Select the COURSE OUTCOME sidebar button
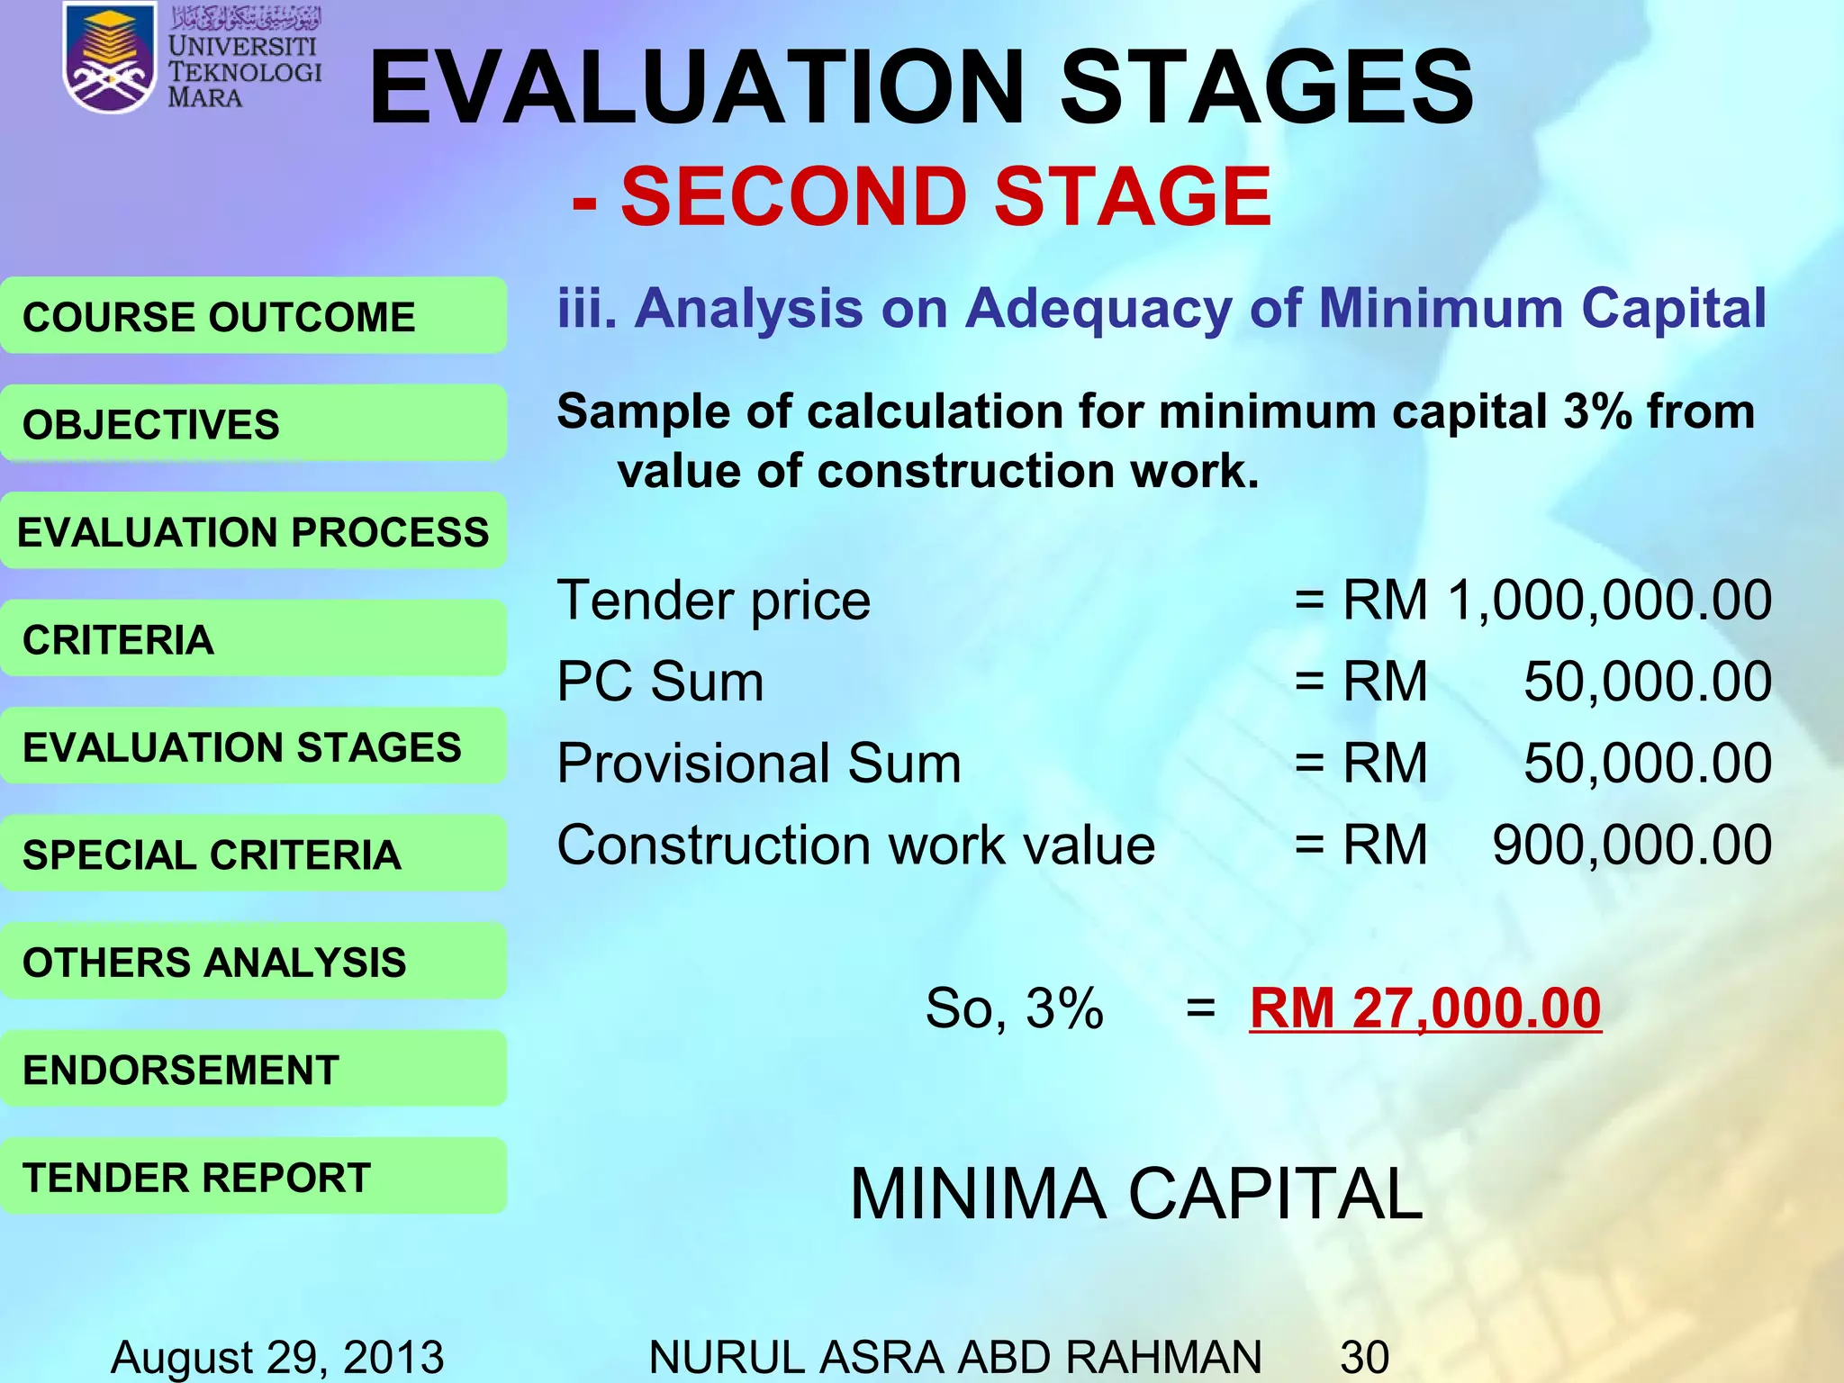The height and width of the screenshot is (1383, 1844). click(253, 316)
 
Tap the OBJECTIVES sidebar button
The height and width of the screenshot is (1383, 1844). click(253, 424)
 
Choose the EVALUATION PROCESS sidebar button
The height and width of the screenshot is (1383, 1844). click(253, 531)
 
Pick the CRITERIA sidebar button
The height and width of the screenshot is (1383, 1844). click(253, 639)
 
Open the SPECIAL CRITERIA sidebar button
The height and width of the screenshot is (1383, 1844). click(253, 854)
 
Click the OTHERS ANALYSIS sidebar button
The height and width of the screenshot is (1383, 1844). click(253, 962)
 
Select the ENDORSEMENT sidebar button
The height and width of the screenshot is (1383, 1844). click(253, 1070)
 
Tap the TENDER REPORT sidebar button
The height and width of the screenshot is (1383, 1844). click(253, 1177)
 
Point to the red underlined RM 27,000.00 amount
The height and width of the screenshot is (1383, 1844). click(1424, 1008)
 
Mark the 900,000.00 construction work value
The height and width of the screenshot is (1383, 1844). click(1632, 845)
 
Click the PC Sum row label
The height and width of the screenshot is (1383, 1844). click(660, 682)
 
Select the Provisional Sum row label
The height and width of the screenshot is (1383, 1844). click(759, 764)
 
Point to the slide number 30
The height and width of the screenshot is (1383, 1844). click(1364, 1357)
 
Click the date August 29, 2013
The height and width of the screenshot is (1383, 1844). click(277, 1357)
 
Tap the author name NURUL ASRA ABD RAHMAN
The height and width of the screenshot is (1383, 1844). click(954, 1357)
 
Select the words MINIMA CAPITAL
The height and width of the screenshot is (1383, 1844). click(1136, 1194)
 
